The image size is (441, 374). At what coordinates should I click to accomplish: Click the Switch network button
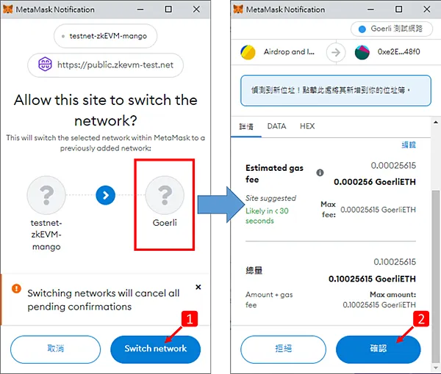[x=156, y=348]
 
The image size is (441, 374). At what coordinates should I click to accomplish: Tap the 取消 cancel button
[x=55, y=348]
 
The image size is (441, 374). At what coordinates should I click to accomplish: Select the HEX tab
[x=307, y=126]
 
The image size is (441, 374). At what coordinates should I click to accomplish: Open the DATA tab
[x=276, y=126]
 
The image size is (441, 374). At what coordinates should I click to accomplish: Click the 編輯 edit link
[x=408, y=145]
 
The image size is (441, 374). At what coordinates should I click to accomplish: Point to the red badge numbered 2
[x=421, y=319]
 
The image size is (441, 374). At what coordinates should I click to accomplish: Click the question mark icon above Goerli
[x=165, y=194]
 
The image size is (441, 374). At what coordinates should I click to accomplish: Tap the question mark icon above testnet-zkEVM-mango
[x=46, y=194]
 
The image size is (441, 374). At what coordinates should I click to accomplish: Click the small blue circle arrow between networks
[x=106, y=194]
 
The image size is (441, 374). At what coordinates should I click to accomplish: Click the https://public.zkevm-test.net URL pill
[x=105, y=65]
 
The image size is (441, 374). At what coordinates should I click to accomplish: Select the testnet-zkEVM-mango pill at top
[x=106, y=36]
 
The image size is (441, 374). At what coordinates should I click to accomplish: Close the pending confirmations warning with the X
[x=198, y=287]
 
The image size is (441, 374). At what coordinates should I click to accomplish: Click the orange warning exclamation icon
[x=15, y=289]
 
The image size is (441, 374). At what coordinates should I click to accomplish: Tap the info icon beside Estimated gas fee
[x=320, y=173]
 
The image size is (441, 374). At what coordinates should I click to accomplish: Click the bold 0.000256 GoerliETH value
[x=375, y=182]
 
